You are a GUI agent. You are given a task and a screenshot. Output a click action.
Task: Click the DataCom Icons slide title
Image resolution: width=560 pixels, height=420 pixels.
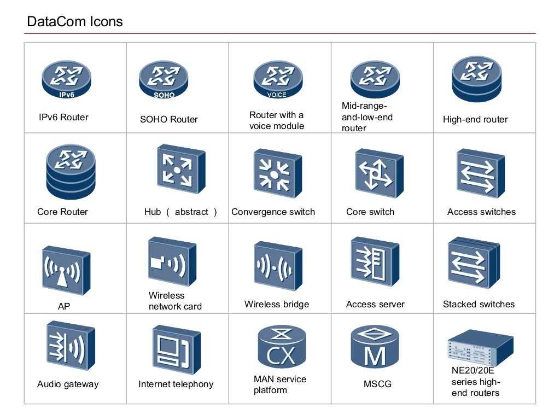coord(75,22)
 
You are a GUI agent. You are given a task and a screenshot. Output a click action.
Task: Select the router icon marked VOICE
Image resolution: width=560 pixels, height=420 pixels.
coord(277,80)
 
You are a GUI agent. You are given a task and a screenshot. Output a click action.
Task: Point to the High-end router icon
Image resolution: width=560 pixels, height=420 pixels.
coord(477,79)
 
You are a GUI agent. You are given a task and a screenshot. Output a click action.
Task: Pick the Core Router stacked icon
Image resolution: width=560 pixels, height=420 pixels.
coord(71,171)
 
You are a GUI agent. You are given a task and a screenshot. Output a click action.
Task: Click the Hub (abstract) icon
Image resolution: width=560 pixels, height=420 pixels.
coord(180,169)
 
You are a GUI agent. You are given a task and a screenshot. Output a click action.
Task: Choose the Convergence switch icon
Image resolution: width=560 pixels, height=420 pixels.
coord(277,174)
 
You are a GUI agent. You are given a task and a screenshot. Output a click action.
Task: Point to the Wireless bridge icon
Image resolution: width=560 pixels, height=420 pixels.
coord(277,266)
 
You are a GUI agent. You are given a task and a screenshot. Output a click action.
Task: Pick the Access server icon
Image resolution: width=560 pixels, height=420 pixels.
coord(375,262)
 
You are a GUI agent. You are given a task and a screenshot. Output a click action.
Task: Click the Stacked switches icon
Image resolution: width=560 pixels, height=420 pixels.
coord(474,263)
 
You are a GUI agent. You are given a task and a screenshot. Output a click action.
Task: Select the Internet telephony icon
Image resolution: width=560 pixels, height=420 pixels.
coord(176,351)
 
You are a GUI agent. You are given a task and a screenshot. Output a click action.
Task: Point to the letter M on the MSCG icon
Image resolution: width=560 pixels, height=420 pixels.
coord(375,357)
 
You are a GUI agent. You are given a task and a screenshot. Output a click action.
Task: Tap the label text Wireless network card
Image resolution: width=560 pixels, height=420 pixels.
coord(175,301)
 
